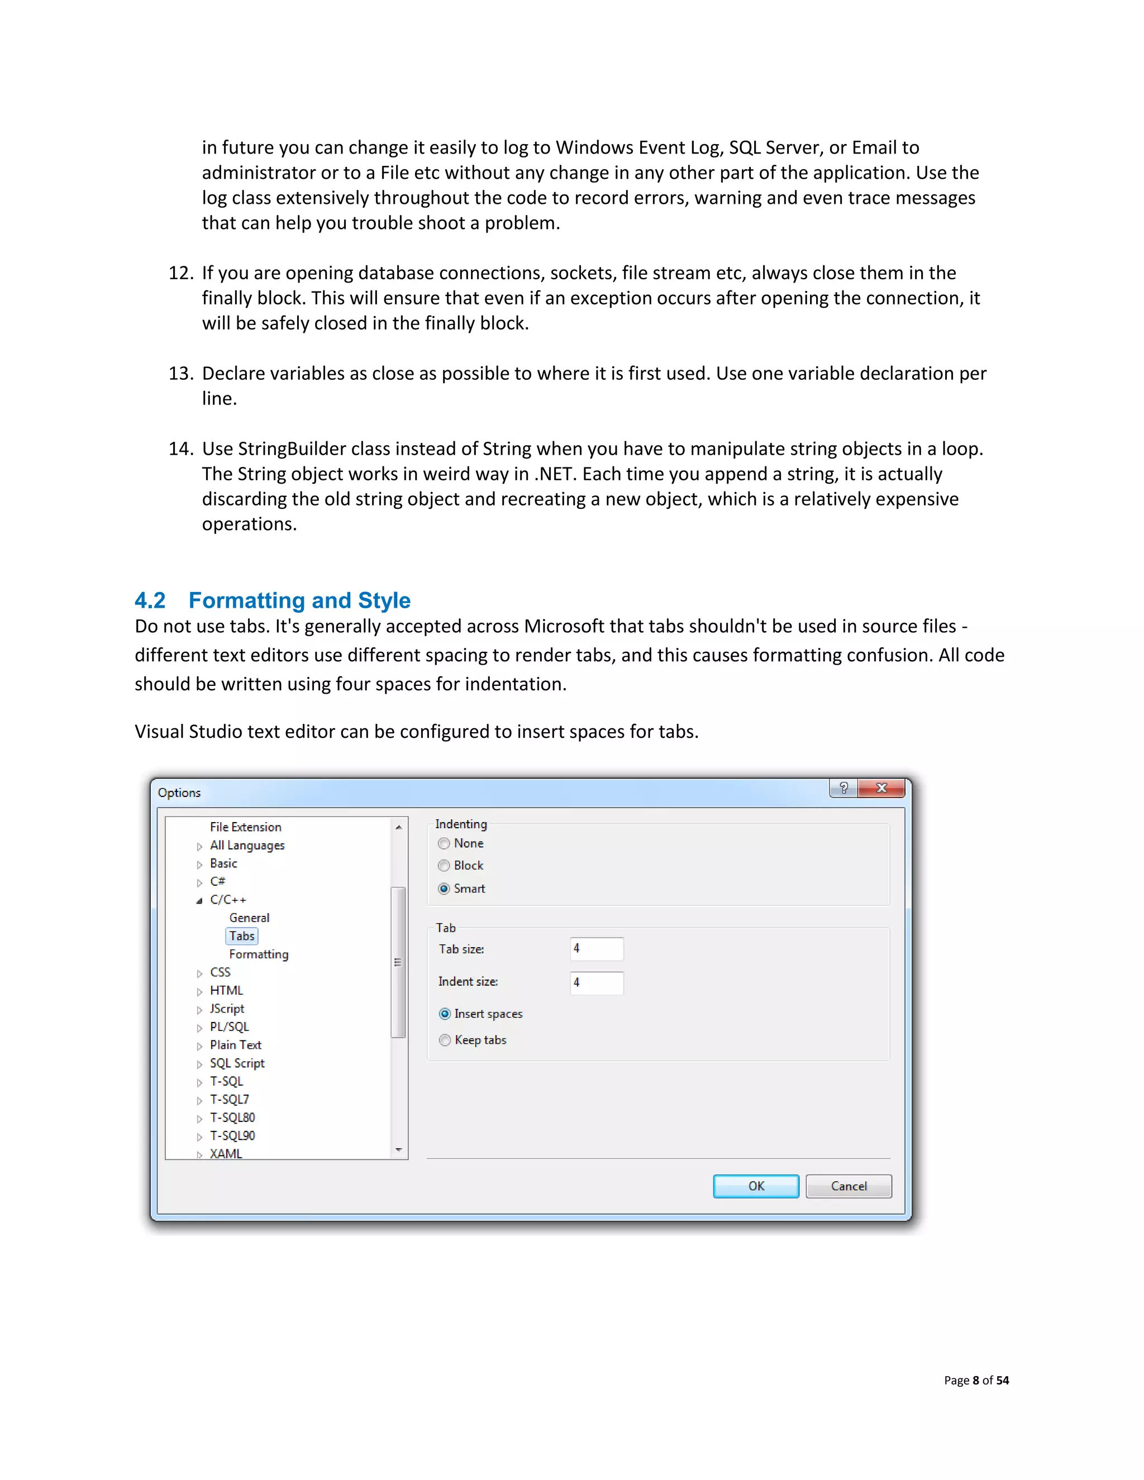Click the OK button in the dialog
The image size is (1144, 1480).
[756, 1186]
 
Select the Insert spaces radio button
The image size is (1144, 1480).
[445, 1014]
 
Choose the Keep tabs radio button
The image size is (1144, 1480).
[445, 1040]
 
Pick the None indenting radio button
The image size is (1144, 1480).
[444, 844]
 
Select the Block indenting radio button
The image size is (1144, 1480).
[444, 866]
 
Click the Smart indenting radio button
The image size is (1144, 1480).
[444, 889]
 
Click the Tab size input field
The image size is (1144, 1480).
[597, 949]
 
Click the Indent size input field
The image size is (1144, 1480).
[597, 982]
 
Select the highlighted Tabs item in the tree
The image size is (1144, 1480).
[242, 936]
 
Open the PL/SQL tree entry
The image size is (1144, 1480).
[229, 1027]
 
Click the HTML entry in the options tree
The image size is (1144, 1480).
[226, 990]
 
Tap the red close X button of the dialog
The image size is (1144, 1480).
[881, 788]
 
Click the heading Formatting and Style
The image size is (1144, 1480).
[299, 600]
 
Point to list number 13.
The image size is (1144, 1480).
[180, 374]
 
